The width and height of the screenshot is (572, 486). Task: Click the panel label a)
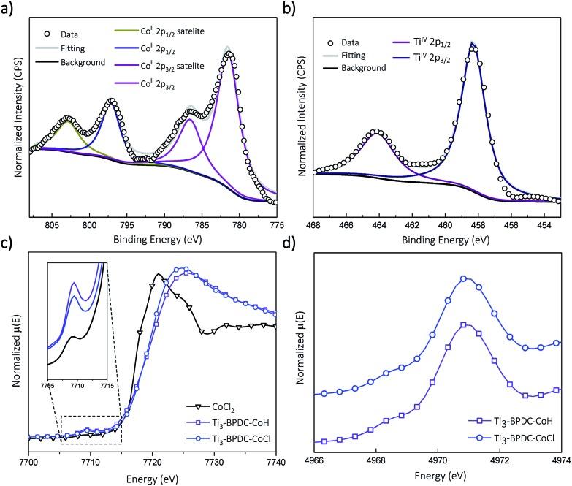tap(9, 9)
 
